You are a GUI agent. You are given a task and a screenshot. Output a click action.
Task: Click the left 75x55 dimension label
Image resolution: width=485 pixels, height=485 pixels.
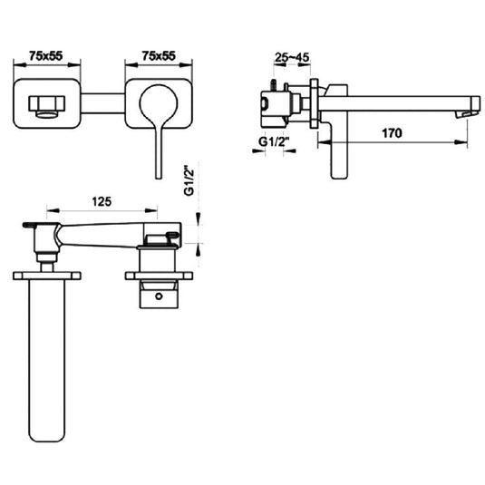[x=45, y=55]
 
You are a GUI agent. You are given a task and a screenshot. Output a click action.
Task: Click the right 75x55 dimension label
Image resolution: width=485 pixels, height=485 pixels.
[x=159, y=55]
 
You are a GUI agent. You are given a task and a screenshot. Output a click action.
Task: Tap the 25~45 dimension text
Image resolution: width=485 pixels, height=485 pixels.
[x=291, y=56]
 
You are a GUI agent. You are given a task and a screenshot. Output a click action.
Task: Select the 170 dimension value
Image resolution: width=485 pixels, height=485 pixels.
[x=392, y=132]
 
